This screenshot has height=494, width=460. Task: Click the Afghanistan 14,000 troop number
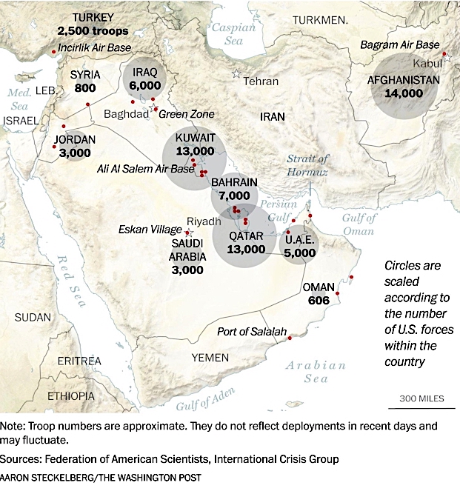[x=404, y=94]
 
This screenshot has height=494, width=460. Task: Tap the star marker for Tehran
[x=236, y=73]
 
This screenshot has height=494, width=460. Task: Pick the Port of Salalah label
[x=251, y=331]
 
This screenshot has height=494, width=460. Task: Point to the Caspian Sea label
[x=233, y=31]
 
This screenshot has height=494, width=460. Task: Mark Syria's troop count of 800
[x=85, y=88]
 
